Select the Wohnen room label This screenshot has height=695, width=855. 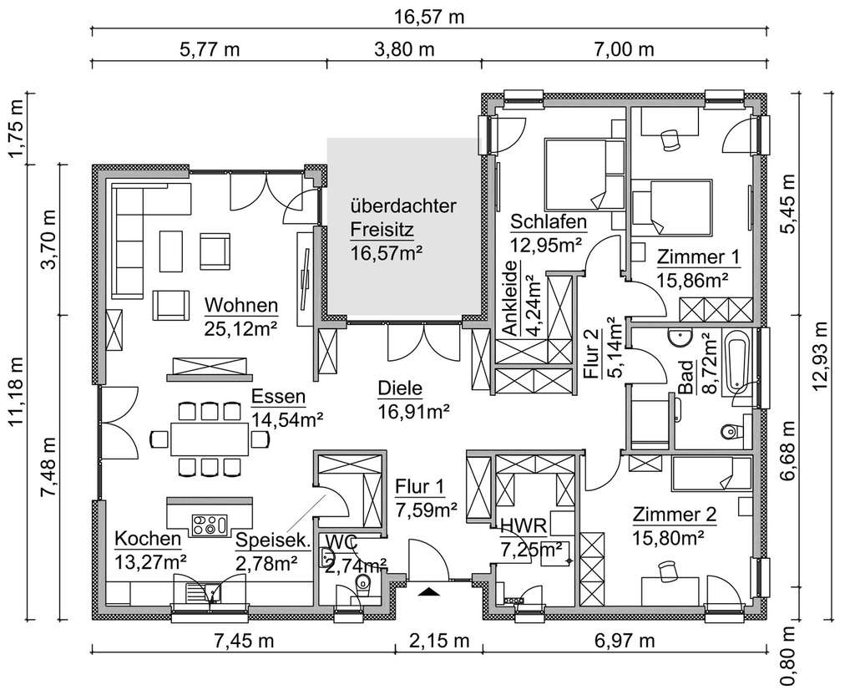(x=241, y=305)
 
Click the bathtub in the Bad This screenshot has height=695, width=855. (x=736, y=361)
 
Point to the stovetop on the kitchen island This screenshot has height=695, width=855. (x=209, y=525)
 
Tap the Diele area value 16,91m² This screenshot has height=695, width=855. (x=413, y=412)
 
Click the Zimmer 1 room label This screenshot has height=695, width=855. (x=698, y=256)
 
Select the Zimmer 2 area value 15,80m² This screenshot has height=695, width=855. (x=667, y=539)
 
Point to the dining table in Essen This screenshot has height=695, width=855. (x=209, y=438)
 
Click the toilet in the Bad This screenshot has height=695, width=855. (x=731, y=432)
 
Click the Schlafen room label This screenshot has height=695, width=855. (x=549, y=222)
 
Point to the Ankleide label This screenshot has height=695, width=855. (x=510, y=298)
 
